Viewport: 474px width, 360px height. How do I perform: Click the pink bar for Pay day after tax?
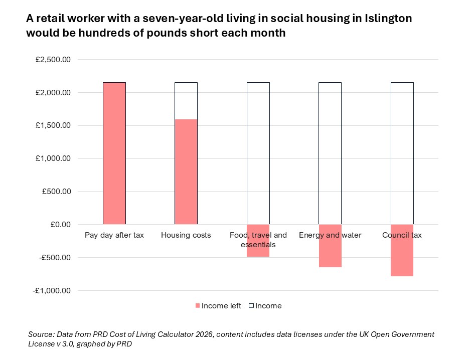coord(114,153)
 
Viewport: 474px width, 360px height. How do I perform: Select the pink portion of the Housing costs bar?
coord(186,171)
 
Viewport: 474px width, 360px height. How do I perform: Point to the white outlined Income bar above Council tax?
coord(402,153)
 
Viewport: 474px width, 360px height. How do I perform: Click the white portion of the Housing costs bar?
coord(186,100)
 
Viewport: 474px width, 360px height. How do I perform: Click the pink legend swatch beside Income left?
coord(197,306)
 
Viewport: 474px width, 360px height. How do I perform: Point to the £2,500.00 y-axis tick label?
coord(53,60)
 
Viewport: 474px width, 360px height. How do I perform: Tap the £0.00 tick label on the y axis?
coord(60,225)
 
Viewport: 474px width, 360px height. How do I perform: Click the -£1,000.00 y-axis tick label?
coord(52,291)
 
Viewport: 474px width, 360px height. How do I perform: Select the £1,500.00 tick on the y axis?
coord(53,126)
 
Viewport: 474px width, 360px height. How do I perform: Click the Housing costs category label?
coord(186,235)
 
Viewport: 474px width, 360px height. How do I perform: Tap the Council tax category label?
coord(402,235)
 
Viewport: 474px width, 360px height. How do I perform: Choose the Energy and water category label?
coord(330,235)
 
